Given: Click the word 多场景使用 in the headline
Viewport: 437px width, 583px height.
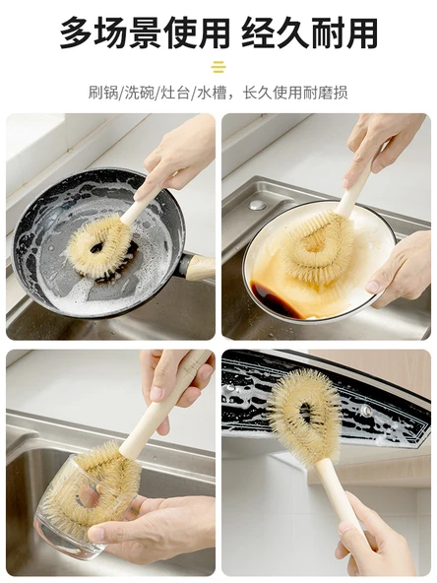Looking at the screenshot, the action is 145,32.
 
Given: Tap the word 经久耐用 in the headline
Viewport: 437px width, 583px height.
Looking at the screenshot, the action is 309,32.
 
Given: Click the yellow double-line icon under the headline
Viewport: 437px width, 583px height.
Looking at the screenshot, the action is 218,67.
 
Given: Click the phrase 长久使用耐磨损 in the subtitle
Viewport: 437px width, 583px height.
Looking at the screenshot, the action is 295,93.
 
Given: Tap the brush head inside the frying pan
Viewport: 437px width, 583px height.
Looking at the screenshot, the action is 98,246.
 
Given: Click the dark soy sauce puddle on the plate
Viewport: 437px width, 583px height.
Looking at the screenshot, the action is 275,299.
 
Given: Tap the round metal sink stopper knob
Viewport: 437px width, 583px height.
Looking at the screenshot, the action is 258,205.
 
